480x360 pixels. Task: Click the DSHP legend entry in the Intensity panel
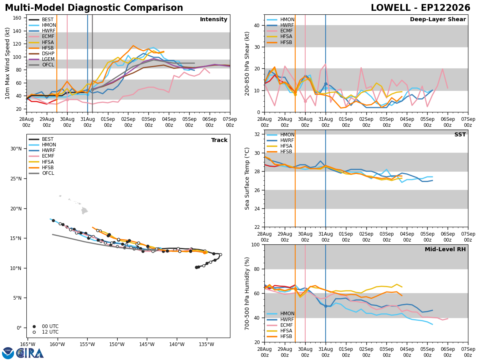point(42,54)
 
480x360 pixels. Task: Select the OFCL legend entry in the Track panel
point(41,173)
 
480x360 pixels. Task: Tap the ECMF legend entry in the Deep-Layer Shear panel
point(280,31)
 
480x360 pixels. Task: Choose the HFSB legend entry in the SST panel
point(279,152)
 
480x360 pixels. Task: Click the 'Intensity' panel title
point(214,19)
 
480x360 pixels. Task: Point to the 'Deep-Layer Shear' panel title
point(438,19)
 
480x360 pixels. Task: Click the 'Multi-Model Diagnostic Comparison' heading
point(94,8)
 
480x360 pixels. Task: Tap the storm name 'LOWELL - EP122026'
point(420,8)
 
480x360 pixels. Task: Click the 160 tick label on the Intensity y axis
point(17,18)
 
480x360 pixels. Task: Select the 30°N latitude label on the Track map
point(16,149)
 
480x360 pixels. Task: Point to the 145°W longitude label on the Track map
point(147,345)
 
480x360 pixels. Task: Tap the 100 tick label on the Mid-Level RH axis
point(255,245)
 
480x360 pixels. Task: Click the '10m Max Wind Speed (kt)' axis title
point(7,63)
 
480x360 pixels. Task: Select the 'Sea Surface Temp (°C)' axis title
point(247,179)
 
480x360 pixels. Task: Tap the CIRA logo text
point(30,353)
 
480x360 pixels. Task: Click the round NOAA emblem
point(8,353)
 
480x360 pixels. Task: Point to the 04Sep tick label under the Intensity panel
point(169,122)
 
